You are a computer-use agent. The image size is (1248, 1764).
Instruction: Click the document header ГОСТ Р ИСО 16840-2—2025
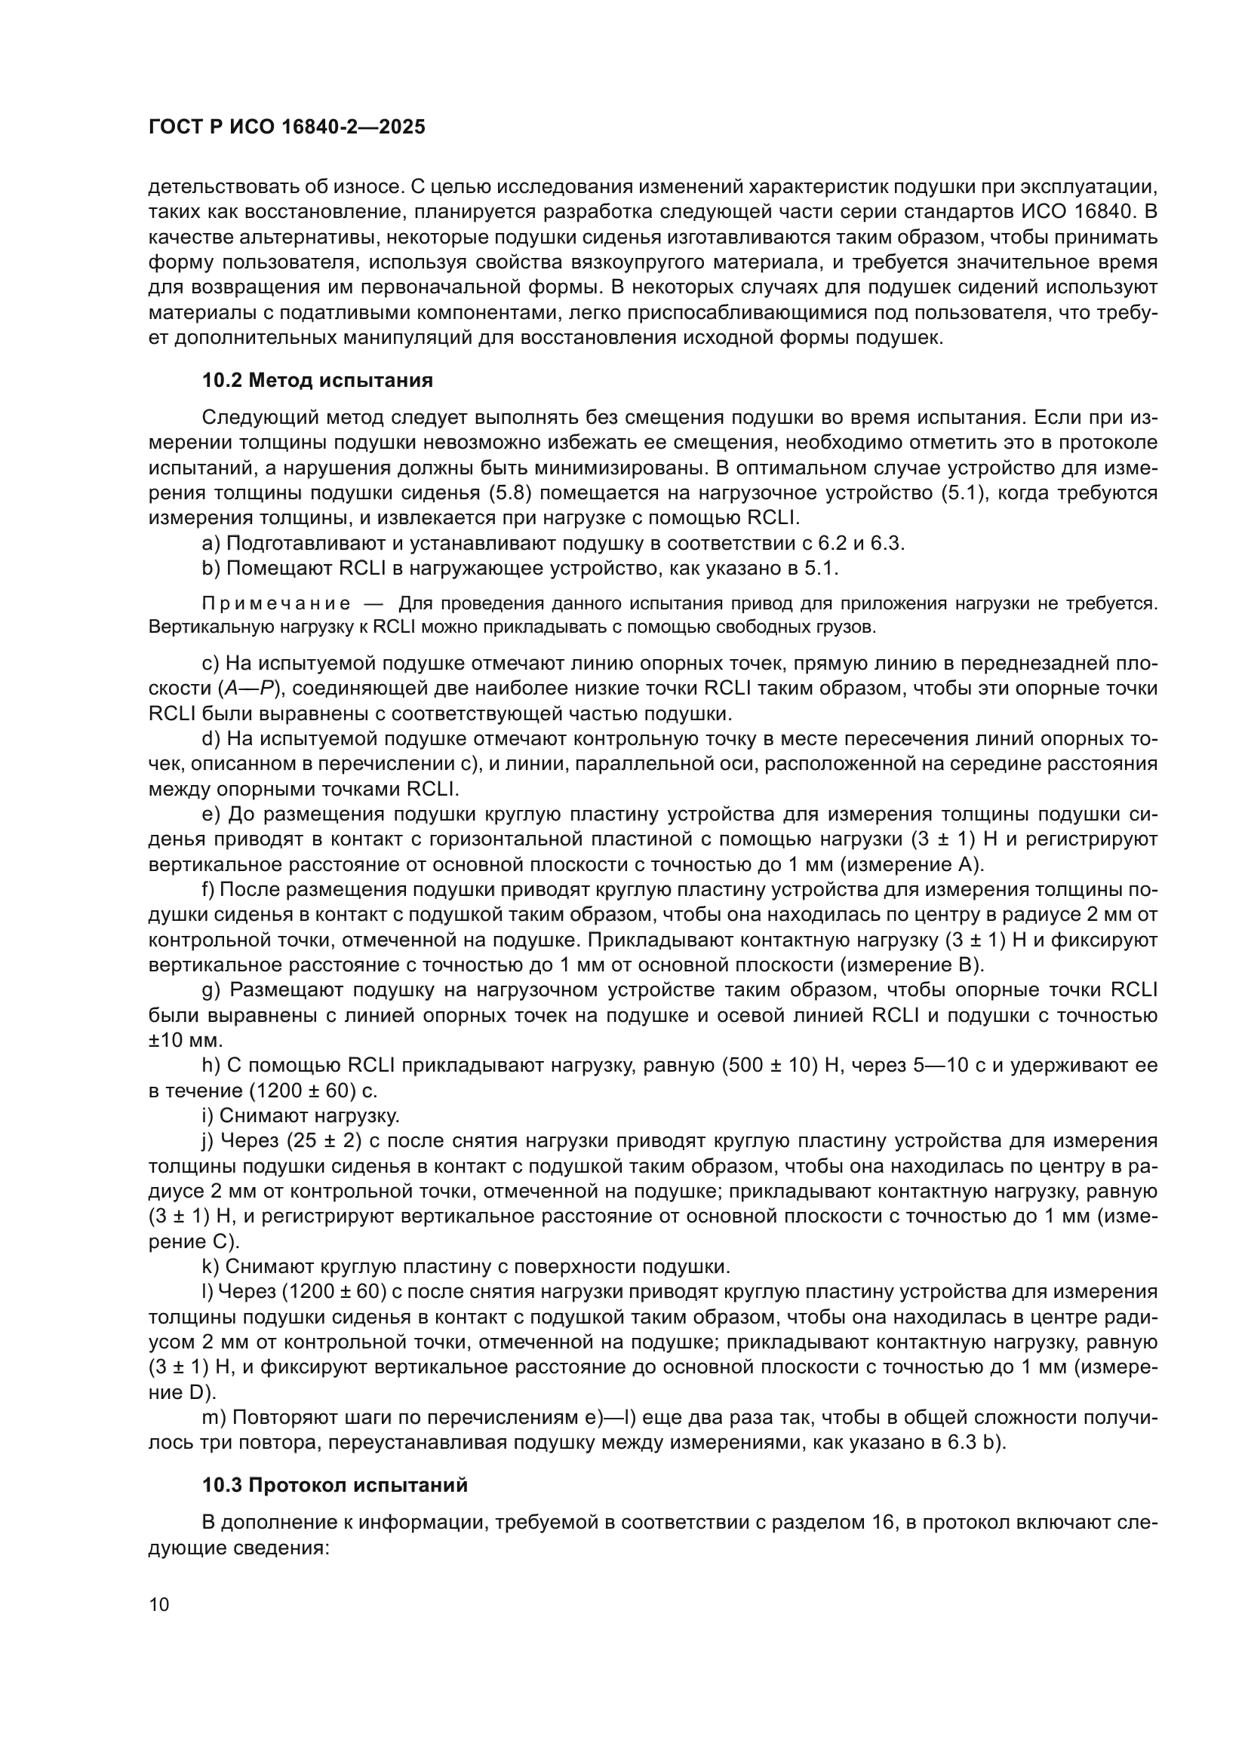[287, 127]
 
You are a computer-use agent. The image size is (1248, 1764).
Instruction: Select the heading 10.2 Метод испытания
[318, 380]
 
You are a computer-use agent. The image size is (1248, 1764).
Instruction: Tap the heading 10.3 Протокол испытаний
[335, 1485]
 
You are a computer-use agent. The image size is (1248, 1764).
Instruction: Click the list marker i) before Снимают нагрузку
[207, 1115]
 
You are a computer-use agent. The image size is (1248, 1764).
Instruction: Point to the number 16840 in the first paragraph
[1108, 212]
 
